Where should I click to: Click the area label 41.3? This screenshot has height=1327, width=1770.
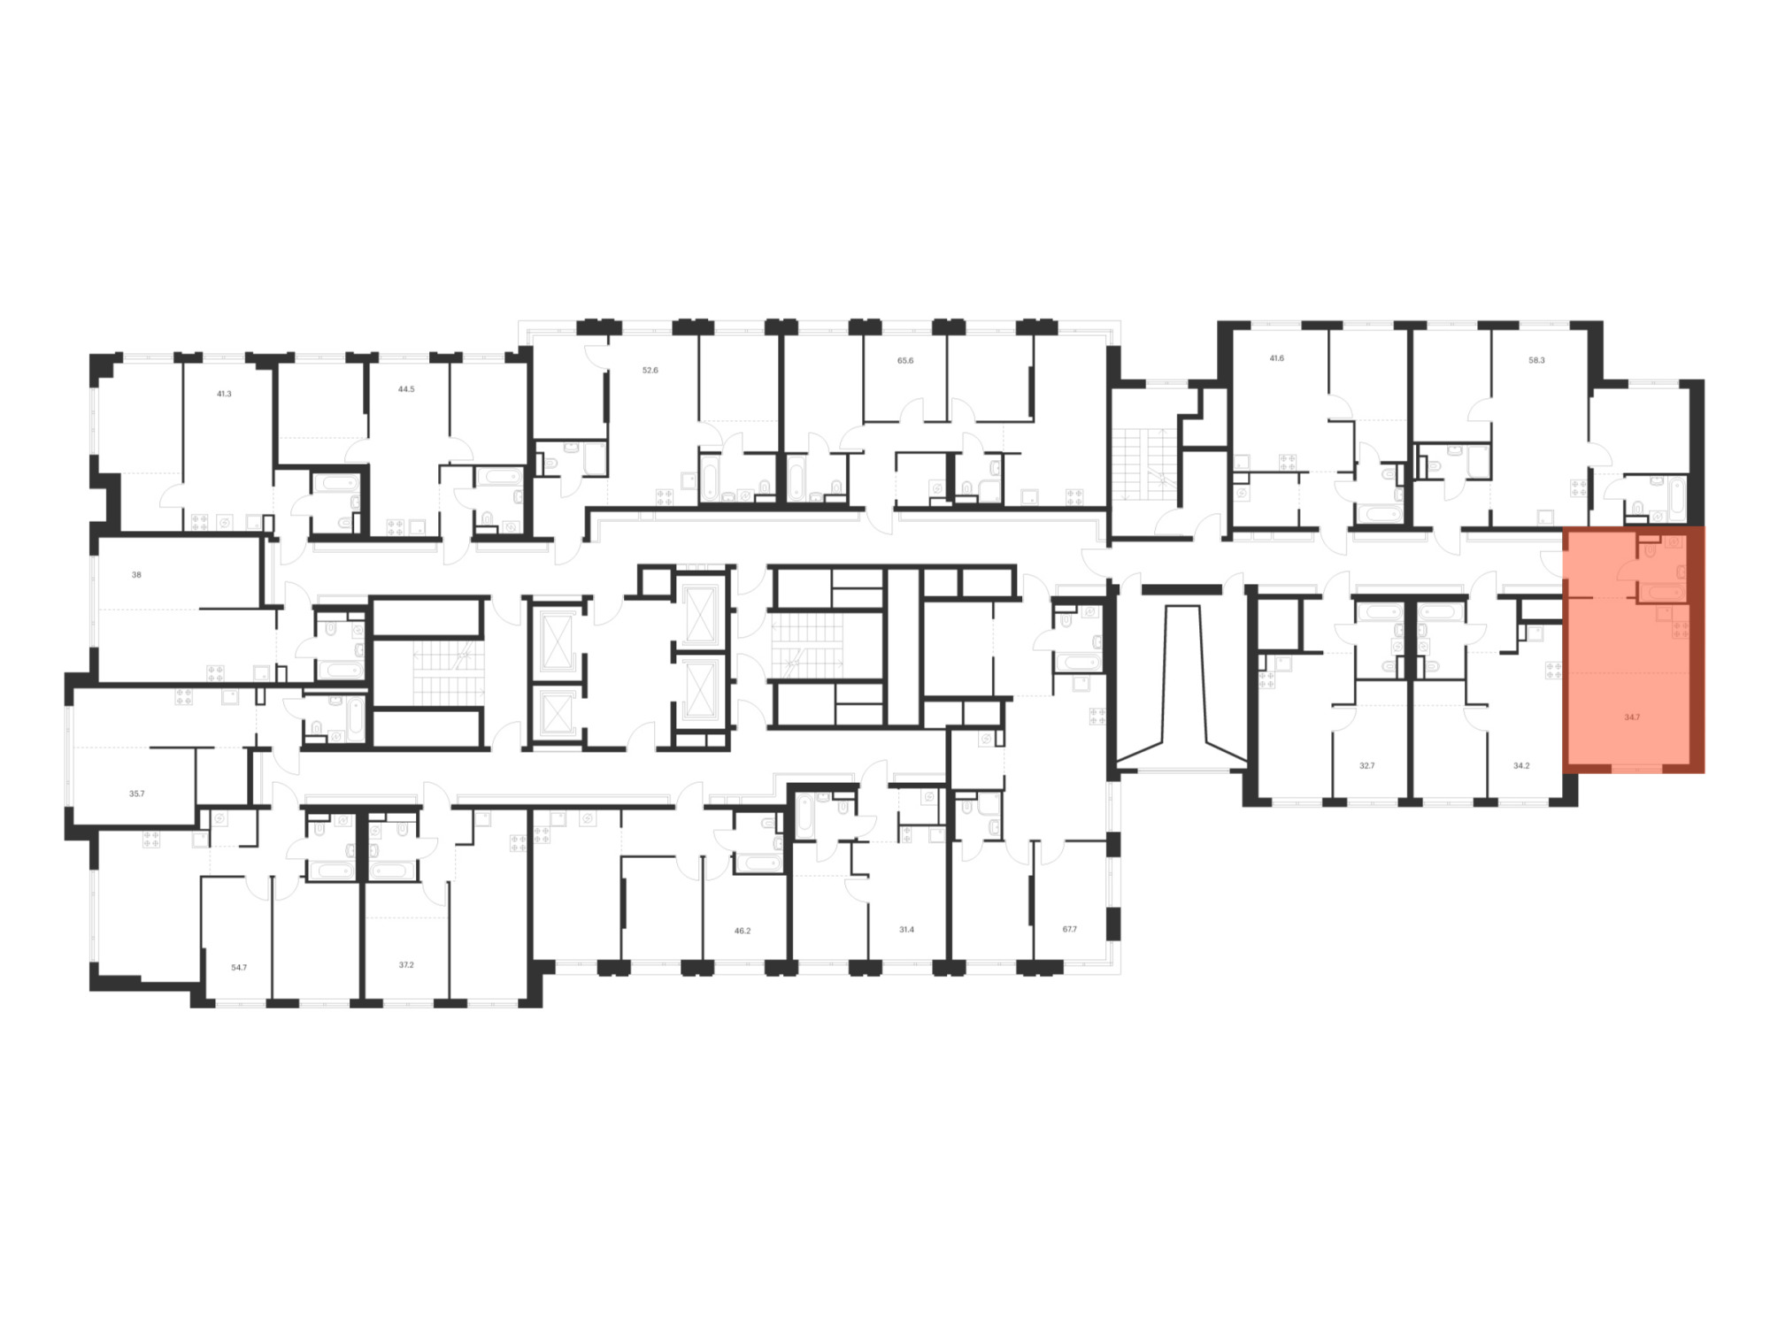(x=224, y=394)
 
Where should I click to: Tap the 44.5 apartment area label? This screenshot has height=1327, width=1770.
(x=406, y=388)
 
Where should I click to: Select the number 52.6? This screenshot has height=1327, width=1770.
(x=650, y=370)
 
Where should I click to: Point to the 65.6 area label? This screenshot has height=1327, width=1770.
(x=905, y=361)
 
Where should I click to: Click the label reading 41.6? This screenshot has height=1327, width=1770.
(x=1276, y=358)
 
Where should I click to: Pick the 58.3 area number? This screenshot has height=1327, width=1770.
(x=1536, y=360)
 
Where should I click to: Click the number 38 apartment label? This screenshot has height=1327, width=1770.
(x=136, y=574)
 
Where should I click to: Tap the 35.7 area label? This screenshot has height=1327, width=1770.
(x=136, y=794)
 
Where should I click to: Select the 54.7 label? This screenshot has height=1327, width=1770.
(x=239, y=967)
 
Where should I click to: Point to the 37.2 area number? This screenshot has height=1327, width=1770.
(x=406, y=964)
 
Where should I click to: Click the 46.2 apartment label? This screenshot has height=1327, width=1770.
(x=743, y=931)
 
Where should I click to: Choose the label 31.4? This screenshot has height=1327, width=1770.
(x=906, y=929)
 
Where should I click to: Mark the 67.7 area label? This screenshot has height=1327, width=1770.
(x=1070, y=929)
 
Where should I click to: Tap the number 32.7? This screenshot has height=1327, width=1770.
(x=1367, y=765)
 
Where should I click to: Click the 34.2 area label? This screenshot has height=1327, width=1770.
(x=1521, y=765)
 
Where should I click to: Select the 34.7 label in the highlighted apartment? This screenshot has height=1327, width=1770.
(x=1632, y=717)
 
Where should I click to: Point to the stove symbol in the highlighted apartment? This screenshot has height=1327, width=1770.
(x=1680, y=630)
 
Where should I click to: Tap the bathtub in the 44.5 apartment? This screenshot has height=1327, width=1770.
(x=335, y=485)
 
